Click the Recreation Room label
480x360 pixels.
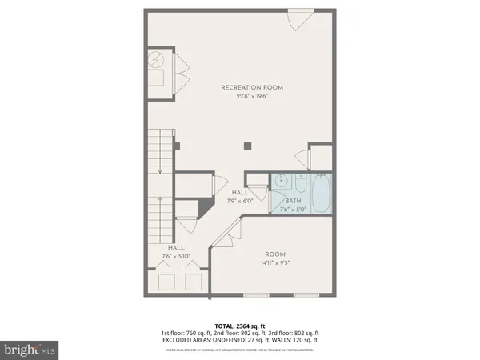coord(251,87)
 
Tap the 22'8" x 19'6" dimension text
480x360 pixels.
coord(251,97)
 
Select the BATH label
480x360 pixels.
coord(293,201)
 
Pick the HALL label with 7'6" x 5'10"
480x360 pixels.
coord(177,248)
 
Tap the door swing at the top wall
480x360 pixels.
coord(298,19)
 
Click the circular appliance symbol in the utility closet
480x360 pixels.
coord(158,60)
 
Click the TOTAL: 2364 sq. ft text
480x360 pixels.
coord(240,325)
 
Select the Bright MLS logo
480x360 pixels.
coord(30,349)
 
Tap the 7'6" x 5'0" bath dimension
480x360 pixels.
coord(293,210)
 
